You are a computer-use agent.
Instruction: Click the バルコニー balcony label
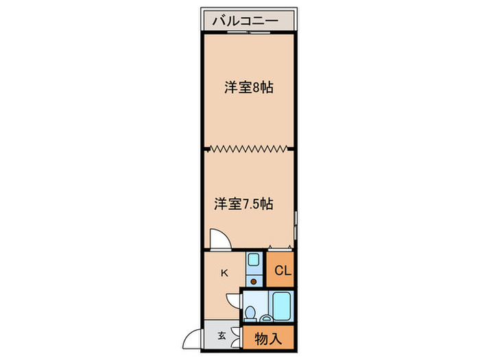click(x=244, y=21)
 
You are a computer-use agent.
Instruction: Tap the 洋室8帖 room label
click(x=249, y=88)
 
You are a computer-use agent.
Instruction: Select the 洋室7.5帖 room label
click(x=244, y=204)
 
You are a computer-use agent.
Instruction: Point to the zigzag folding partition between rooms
click(x=248, y=147)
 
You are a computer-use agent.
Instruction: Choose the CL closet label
click(x=283, y=270)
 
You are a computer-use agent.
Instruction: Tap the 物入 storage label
click(x=267, y=337)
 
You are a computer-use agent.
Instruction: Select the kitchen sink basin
click(x=253, y=261)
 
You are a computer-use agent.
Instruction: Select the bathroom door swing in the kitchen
click(x=234, y=298)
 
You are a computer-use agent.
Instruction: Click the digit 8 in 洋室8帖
click(x=256, y=88)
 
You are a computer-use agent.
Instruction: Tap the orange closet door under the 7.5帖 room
click(x=281, y=249)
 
